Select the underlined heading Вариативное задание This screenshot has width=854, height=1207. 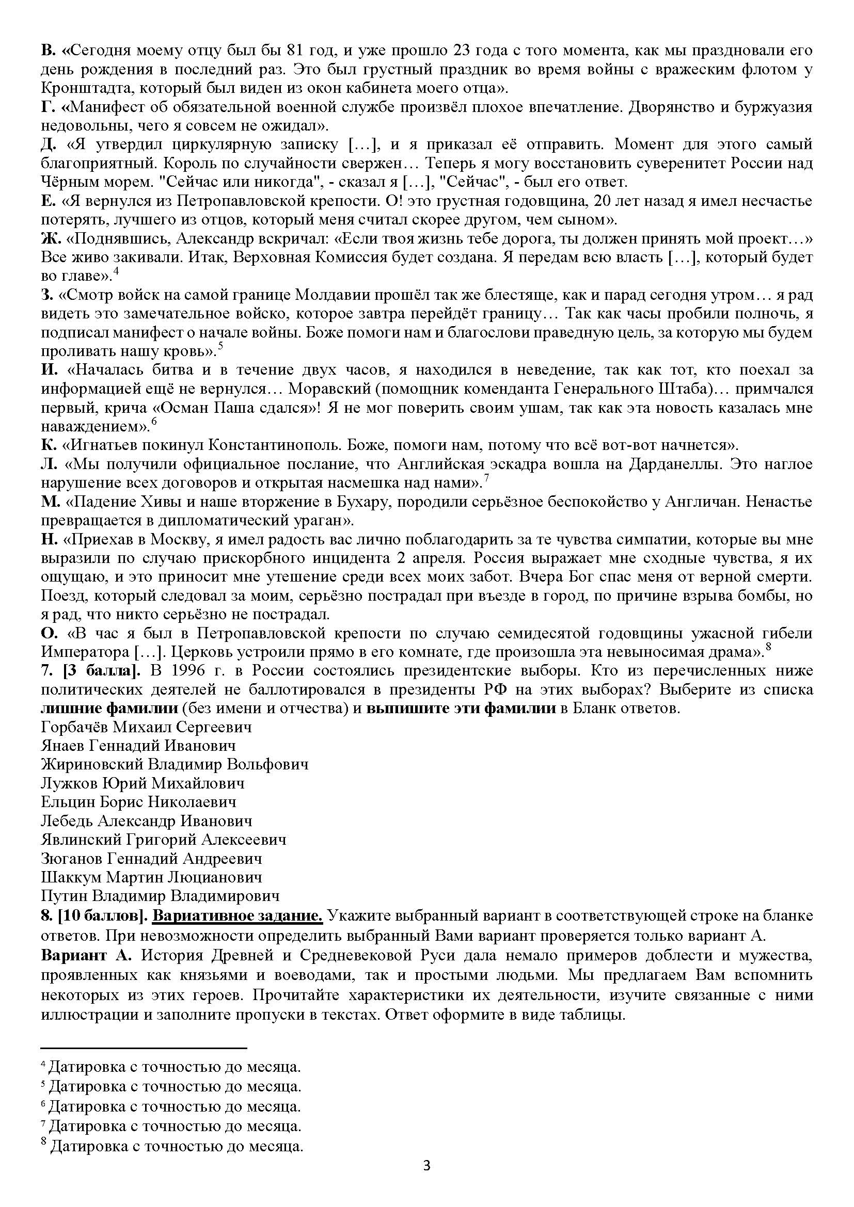click(238, 915)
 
